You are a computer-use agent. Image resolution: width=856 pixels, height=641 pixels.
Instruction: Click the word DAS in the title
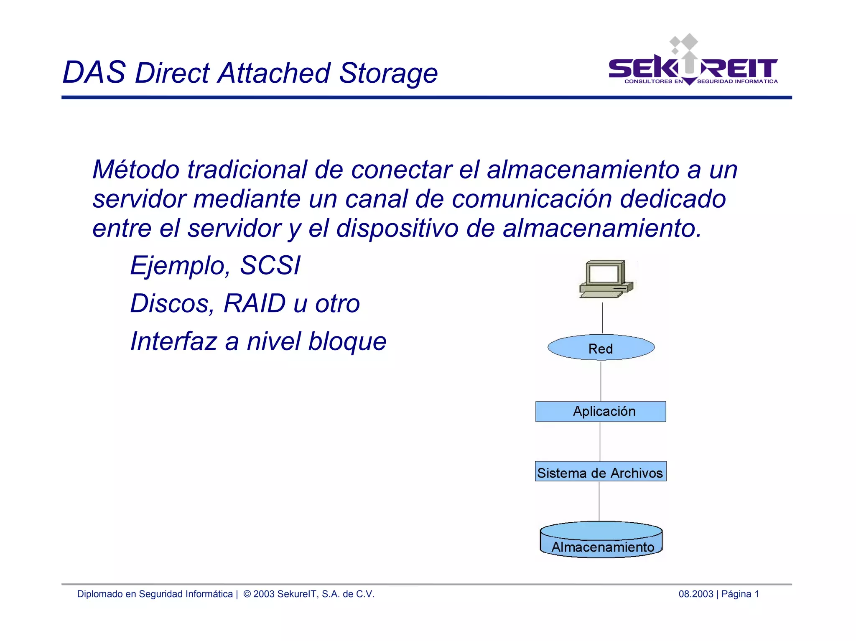point(94,73)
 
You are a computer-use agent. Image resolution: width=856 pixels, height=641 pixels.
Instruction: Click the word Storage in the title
point(388,74)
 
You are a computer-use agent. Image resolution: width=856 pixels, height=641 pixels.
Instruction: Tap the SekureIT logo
point(693,63)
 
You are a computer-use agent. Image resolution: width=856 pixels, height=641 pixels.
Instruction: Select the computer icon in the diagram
point(606,279)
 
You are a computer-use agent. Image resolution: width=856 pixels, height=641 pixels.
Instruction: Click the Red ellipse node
point(601,348)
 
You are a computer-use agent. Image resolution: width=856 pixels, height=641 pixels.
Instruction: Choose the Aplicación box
point(601,412)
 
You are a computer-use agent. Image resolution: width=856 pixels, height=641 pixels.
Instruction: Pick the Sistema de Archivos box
point(600,472)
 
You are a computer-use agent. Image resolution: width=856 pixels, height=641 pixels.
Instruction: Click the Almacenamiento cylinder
point(601,540)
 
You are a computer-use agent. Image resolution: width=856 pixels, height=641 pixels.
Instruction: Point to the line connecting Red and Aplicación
point(601,381)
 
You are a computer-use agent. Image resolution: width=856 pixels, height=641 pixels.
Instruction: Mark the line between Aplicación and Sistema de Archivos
point(600,442)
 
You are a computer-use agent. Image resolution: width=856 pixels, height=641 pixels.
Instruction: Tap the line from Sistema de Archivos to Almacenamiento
point(599,501)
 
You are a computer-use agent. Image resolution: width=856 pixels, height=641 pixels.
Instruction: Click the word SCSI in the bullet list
point(270,266)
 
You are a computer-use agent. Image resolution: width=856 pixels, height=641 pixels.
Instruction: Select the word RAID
point(255,303)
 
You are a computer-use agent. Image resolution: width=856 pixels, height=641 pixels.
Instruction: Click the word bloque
point(347,341)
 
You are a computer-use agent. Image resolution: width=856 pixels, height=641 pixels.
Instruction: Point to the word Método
point(136,170)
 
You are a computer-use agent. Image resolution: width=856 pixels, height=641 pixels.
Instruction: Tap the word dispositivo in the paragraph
point(397,229)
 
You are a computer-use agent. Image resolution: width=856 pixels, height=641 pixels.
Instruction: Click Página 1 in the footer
point(740,594)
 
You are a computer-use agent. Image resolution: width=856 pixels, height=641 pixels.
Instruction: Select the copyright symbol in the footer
point(247,594)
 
